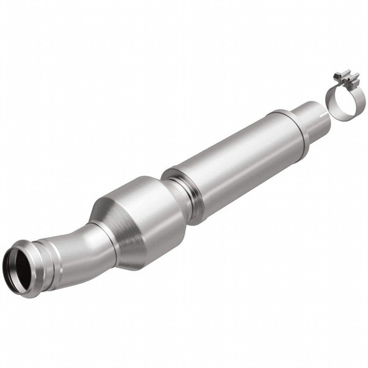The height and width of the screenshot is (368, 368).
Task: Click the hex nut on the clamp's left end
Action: click(336, 75)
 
